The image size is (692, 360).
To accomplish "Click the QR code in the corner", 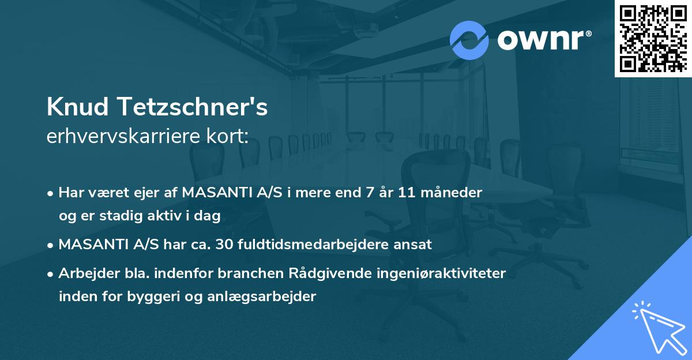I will (653, 38).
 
